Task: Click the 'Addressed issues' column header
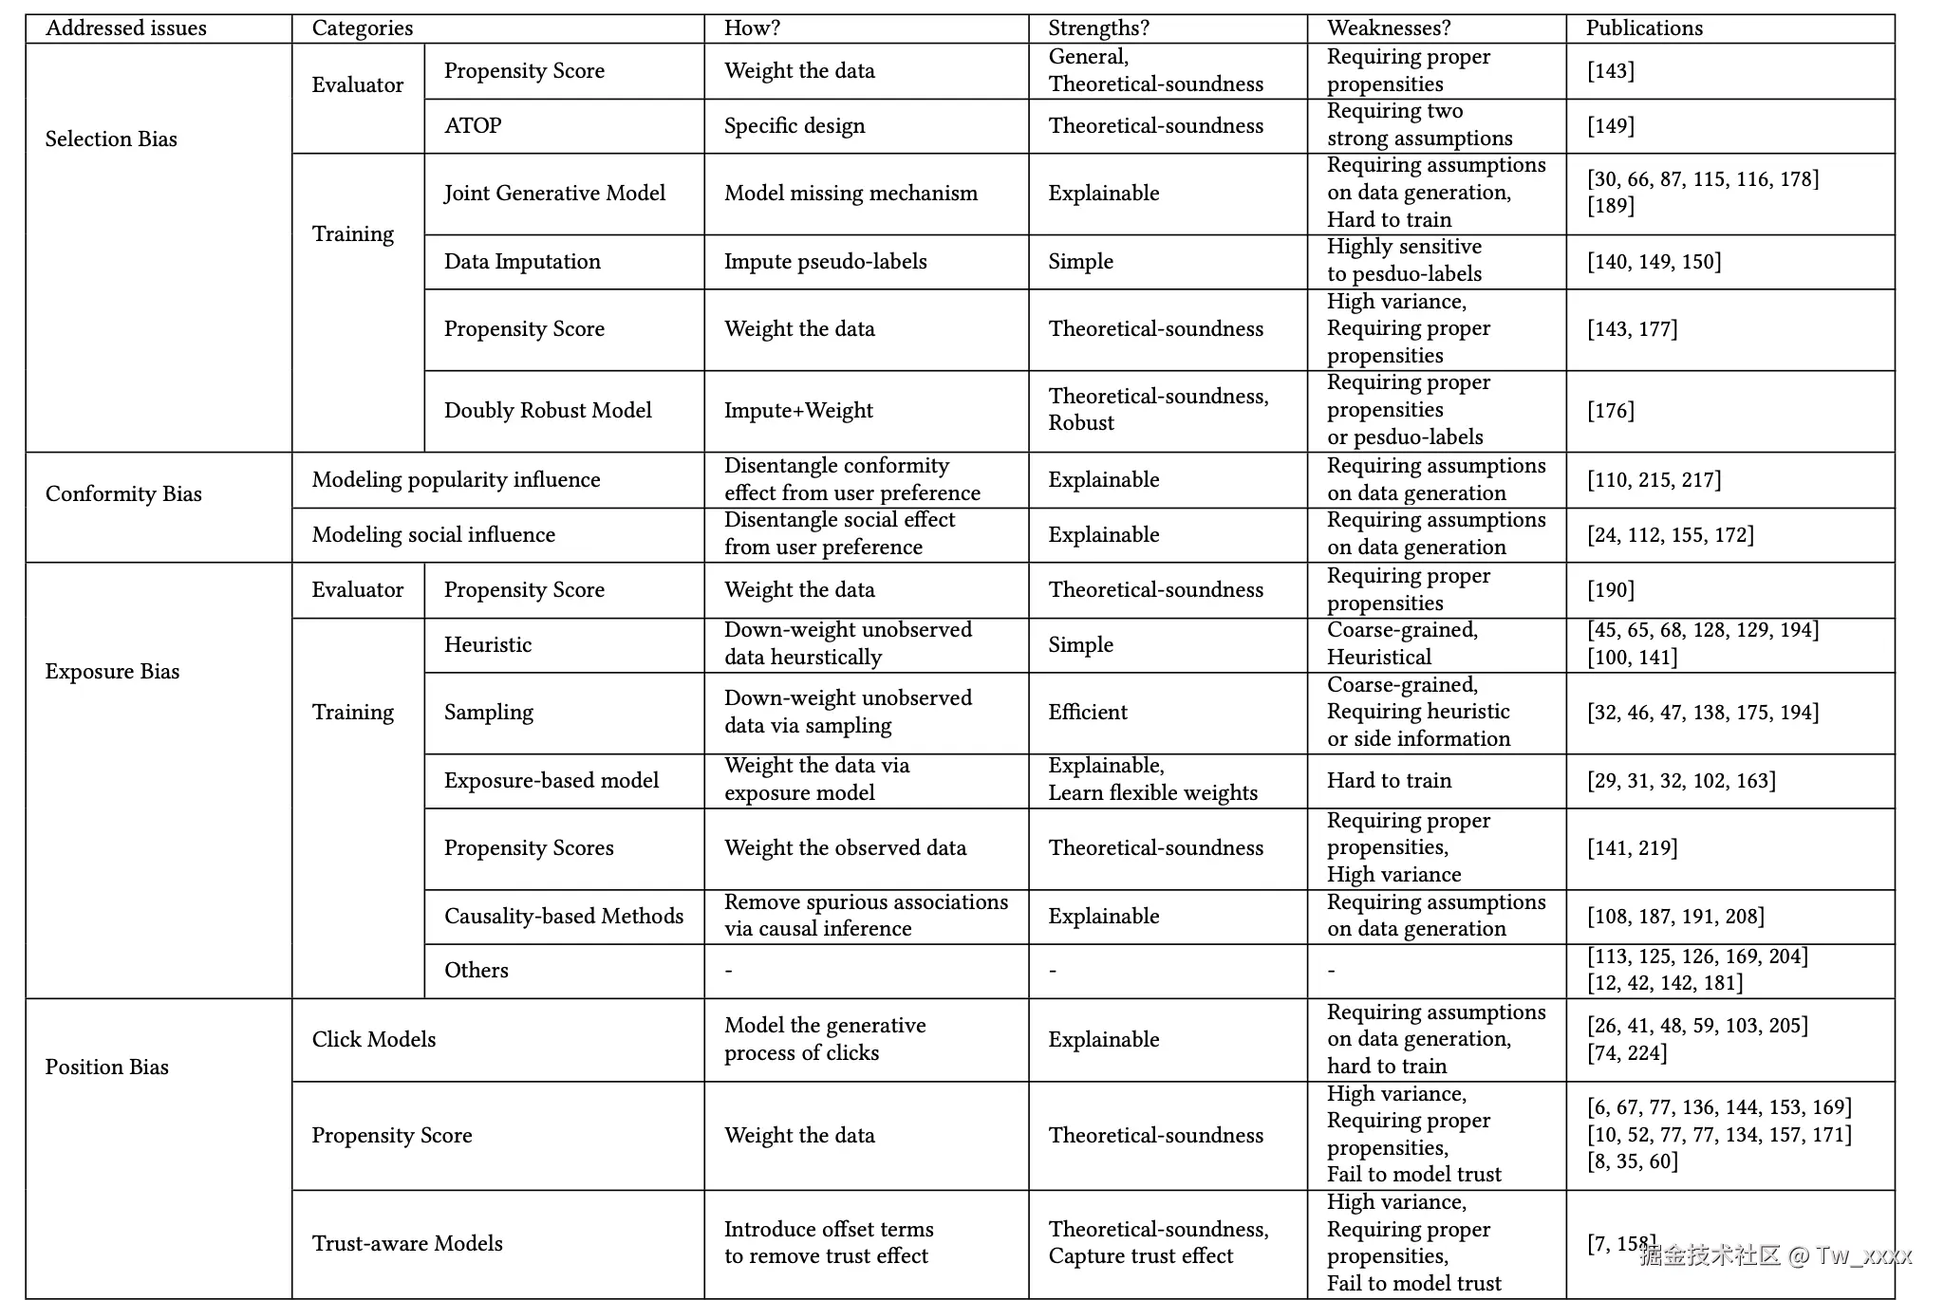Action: tap(126, 28)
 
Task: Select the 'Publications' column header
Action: tap(1644, 28)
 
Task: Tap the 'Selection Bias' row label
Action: tap(111, 139)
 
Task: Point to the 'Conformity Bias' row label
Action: tap(123, 494)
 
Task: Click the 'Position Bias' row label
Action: tap(107, 1068)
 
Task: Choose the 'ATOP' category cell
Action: tap(473, 126)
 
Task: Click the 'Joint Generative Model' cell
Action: tap(554, 194)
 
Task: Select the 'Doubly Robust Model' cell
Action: tap(548, 411)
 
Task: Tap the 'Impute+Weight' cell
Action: tap(798, 411)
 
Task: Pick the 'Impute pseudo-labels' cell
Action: tap(825, 262)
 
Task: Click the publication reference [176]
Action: tap(1611, 411)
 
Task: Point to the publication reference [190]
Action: tap(1611, 590)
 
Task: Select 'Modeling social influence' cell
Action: tap(433, 535)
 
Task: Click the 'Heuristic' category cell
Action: tap(488, 645)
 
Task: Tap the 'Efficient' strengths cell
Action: tap(1088, 713)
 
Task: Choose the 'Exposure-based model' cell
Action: tap(551, 781)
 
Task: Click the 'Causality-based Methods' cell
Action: tap(564, 917)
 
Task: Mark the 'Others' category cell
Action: tap(477, 971)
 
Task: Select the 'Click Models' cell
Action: tap(374, 1040)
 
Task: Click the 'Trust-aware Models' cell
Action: tap(407, 1244)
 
